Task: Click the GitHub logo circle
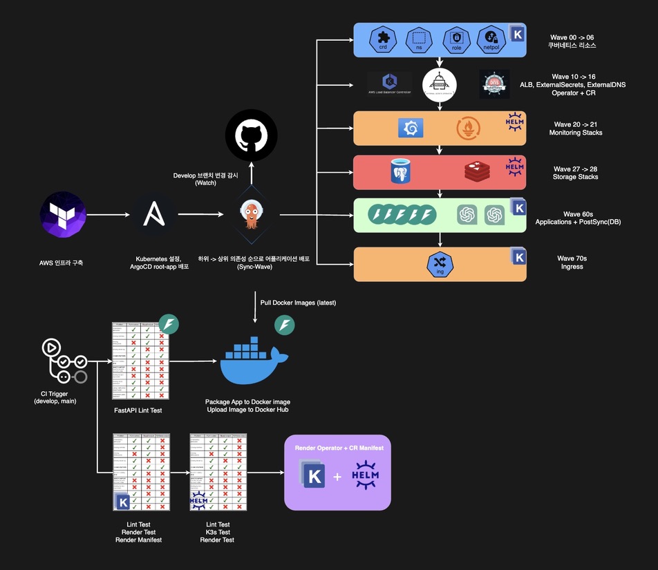(251, 135)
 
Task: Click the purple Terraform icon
(63, 215)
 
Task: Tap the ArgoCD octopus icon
(250, 215)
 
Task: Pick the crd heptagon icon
(381, 40)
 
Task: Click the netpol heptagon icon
(491, 40)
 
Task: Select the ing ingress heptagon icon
(440, 264)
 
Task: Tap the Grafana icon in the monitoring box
(411, 129)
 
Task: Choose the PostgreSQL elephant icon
(403, 171)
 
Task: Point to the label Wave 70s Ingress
(572, 263)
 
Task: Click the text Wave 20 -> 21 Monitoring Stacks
(575, 129)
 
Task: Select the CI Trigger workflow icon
(63, 360)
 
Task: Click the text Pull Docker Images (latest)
(298, 302)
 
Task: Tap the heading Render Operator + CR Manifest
(339, 448)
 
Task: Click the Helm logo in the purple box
(365, 476)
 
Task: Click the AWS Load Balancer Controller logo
(389, 84)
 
